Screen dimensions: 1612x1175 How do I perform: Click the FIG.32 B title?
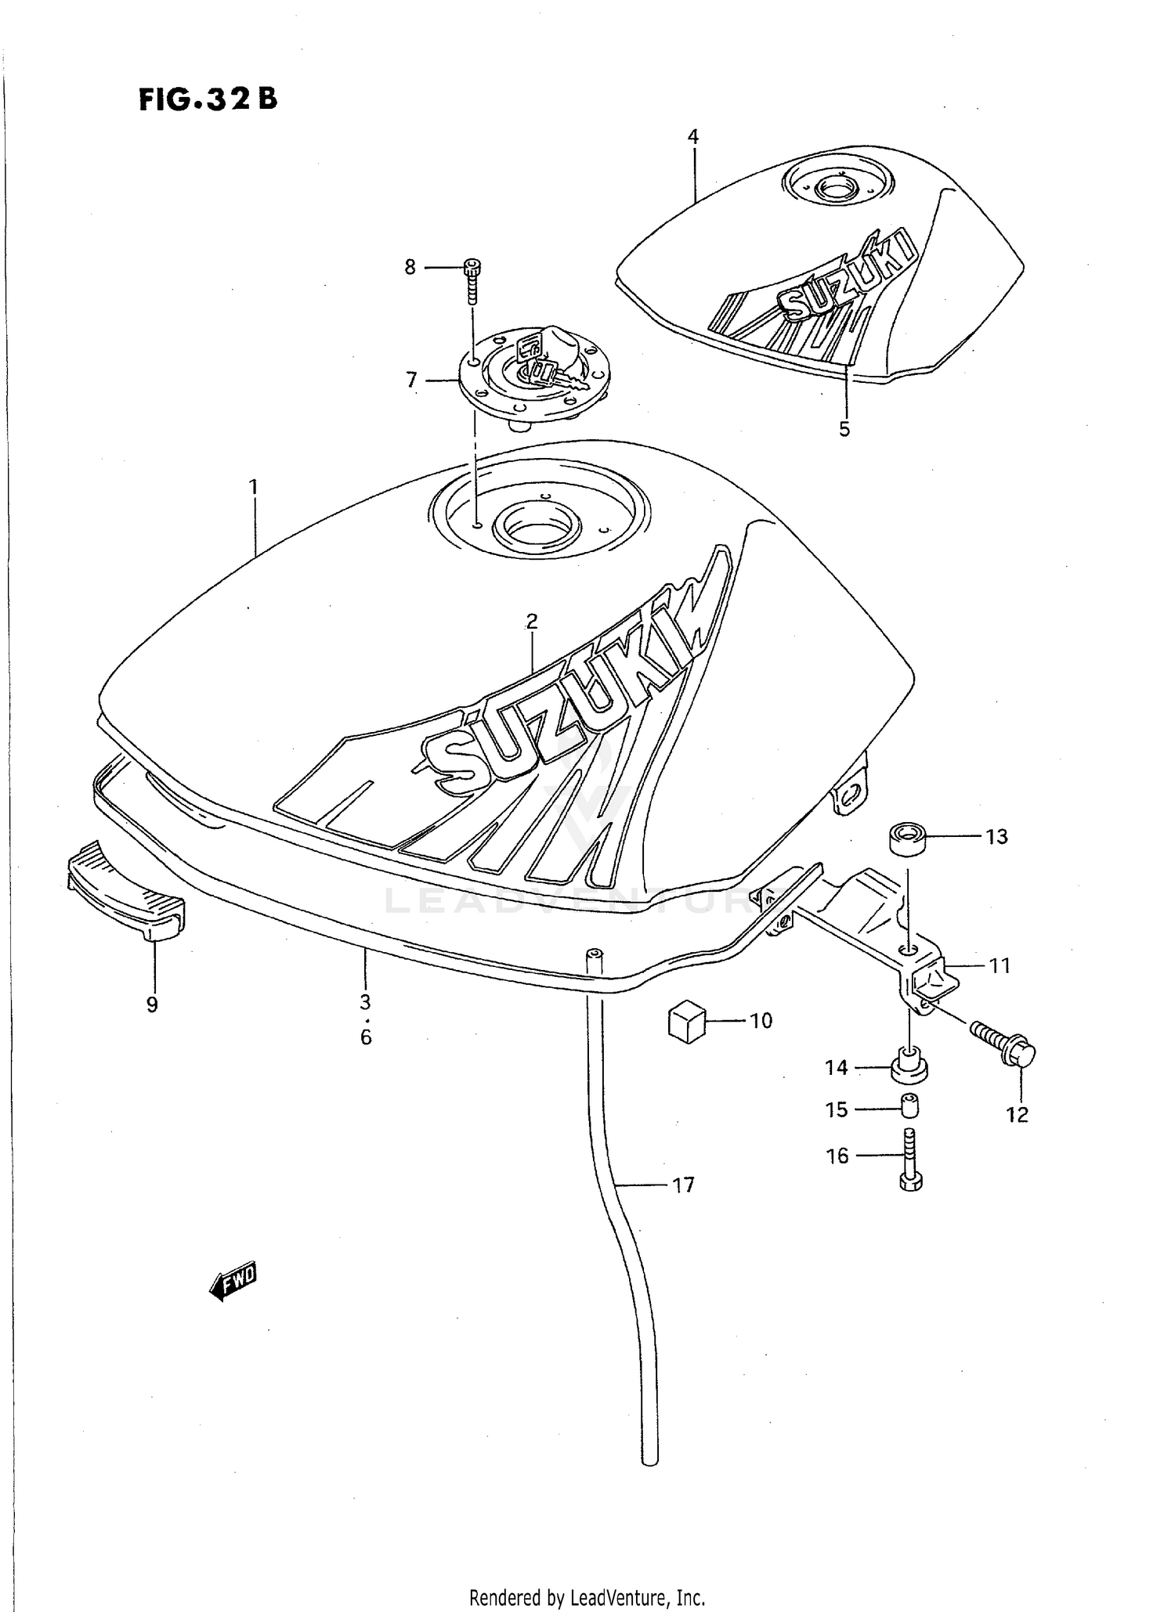tap(208, 99)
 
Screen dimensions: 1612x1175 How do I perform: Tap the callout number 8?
tap(410, 268)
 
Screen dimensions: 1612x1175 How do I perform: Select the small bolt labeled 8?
tap(472, 280)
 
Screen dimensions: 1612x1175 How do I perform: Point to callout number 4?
tap(692, 137)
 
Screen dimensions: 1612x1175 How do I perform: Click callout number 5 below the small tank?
tap(844, 429)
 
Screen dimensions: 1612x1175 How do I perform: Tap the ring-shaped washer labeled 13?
tap(908, 838)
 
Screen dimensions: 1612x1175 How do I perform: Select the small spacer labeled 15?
tap(909, 1107)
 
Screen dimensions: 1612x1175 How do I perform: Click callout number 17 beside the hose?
tap(683, 1185)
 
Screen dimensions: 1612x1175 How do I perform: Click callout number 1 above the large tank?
tap(253, 487)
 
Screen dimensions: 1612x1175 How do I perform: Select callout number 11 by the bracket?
tap(999, 966)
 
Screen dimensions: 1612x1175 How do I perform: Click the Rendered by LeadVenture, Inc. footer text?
tap(587, 1597)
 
